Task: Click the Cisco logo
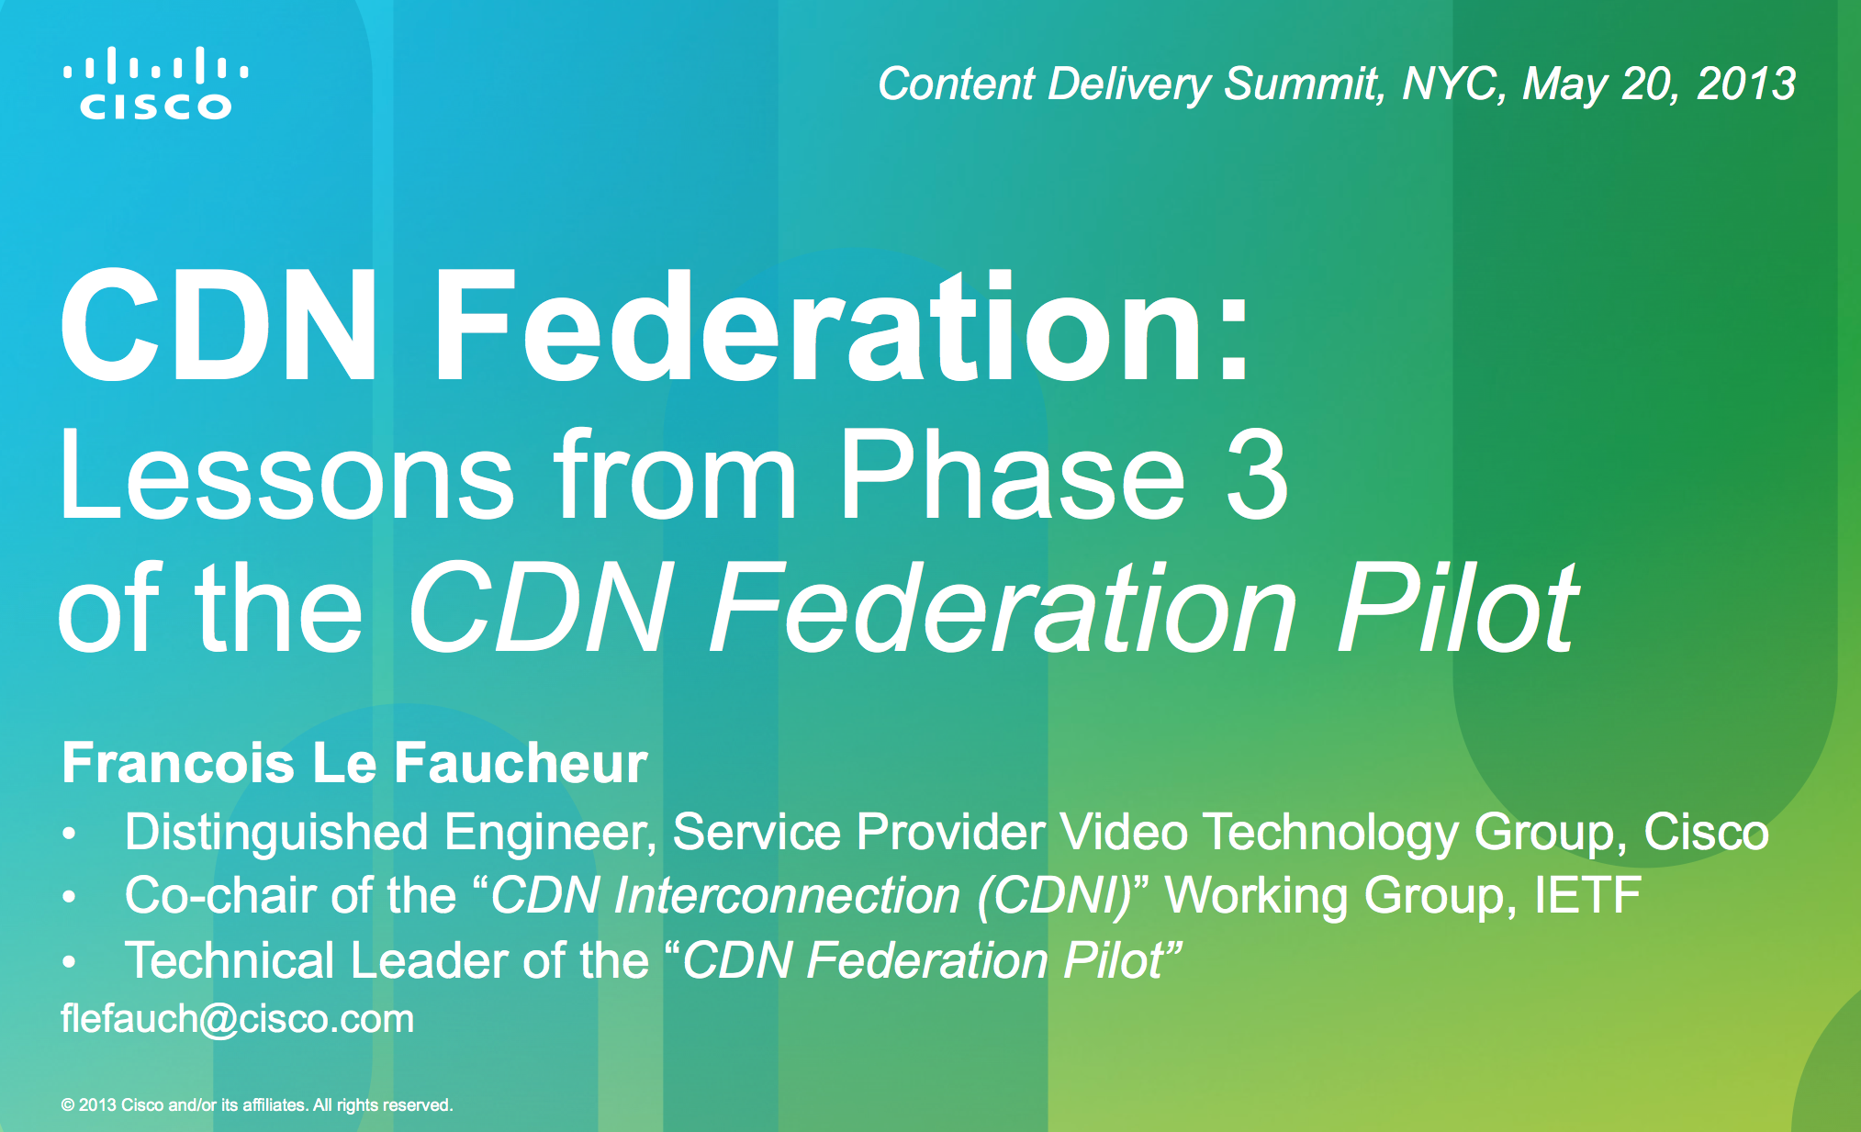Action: pyautogui.click(x=155, y=83)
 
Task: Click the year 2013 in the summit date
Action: pyautogui.click(x=1745, y=84)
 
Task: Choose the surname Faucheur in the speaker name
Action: pyautogui.click(x=521, y=763)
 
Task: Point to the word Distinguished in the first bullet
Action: pyautogui.click(x=276, y=833)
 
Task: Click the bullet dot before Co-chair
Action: pyautogui.click(x=69, y=897)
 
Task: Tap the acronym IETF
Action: pyautogui.click(x=1587, y=895)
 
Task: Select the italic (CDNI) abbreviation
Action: pyautogui.click(x=1055, y=896)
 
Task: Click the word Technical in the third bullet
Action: pyautogui.click(x=230, y=960)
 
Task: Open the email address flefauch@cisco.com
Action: pyautogui.click(x=237, y=1019)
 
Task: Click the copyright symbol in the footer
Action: pyautogui.click(x=68, y=1105)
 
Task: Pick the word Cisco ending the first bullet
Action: pyautogui.click(x=1706, y=832)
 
